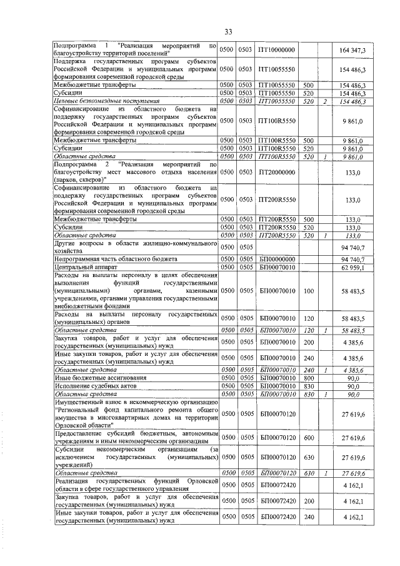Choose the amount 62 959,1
coord(355,267)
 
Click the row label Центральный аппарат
coord(81,267)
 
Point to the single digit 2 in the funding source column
coord(325,101)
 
